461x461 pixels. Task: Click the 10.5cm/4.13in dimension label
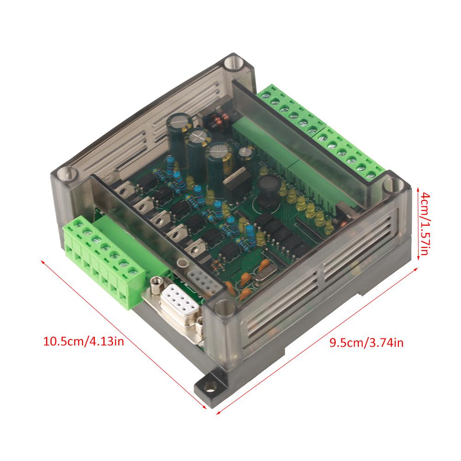click(83, 342)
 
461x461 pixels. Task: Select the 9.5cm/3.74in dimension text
click(367, 342)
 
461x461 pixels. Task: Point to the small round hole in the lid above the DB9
click(183, 263)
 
